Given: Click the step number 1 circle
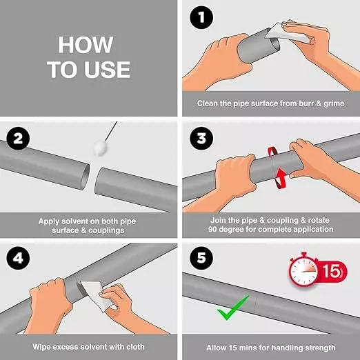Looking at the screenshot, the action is point(201,18).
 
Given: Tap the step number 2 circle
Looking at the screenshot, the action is point(18,139).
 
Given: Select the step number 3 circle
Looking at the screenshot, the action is point(201,139).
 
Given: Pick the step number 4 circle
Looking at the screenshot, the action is point(18,258).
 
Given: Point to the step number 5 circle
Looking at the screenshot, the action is point(201,258).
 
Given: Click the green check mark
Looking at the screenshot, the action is point(232,308).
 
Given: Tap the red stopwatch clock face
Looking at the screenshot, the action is point(303,271).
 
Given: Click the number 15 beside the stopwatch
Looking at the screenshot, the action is point(331,271).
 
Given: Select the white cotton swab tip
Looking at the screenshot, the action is point(100,148).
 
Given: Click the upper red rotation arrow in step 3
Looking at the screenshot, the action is point(273,152).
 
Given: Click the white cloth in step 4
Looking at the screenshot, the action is point(97,295).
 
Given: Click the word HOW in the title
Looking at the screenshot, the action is point(86,45).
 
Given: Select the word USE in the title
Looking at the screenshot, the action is point(107,70).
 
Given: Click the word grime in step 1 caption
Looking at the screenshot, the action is point(334,103).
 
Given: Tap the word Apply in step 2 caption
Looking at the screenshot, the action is point(47,221).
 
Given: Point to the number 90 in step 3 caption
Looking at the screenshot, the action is point(212,229).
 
